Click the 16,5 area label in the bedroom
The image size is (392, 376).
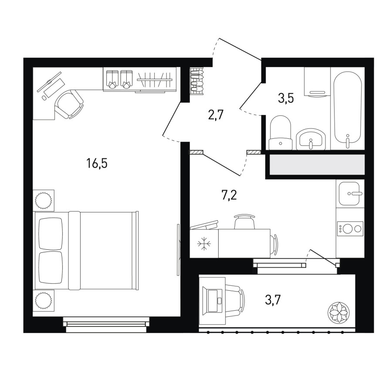click(97, 164)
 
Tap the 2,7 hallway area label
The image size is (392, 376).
click(215, 116)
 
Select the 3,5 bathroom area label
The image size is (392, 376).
click(286, 98)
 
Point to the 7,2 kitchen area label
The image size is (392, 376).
click(229, 195)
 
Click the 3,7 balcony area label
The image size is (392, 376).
click(273, 300)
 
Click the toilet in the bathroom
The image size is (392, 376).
click(280, 132)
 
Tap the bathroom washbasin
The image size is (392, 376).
click(311, 139)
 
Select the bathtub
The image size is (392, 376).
click(348, 109)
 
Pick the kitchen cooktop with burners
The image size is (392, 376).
click(350, 228)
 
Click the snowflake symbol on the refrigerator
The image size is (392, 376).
click(204, 243)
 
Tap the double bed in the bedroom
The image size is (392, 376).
click(86, 251)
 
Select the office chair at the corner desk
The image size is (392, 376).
click(69, 104)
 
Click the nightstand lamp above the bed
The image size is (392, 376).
click(44, 200)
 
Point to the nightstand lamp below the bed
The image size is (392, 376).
click(44, 300)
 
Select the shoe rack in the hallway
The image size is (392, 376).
click(197, 81)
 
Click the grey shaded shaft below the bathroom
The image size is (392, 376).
click(317, 164)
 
